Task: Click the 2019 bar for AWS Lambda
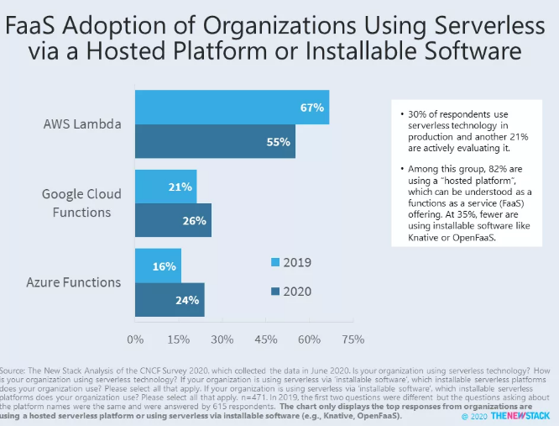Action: pyautogui.click(x=231, y=108)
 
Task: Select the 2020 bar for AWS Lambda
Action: pyautogui.click(x=214, y=141)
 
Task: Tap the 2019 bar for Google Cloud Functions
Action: pyautogui.click(x=165, y=187)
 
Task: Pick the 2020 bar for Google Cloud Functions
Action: pyautogui.click(x=172, y=220)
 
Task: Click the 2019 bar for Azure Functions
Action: pyautogui.click(x=158, y=266)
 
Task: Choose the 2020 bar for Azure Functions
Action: pyautogui.click(x=169, y=300)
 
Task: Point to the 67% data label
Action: pyautogui.click(x=312, y=108)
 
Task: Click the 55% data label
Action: pyautogui.click(x=279, y=141)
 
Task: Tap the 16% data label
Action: pyautogui.click(x=165, y=266)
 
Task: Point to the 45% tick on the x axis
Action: pyautogui.click(x=265, y=339)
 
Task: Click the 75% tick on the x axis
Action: pyautogui.click(x=353, y=339)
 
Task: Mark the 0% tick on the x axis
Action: pyautogui.click(x=134, y=339)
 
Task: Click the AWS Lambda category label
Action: pyautogui.click(x=82, y=124)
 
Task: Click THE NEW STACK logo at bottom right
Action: pyautogui.click(x=520, y=415)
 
